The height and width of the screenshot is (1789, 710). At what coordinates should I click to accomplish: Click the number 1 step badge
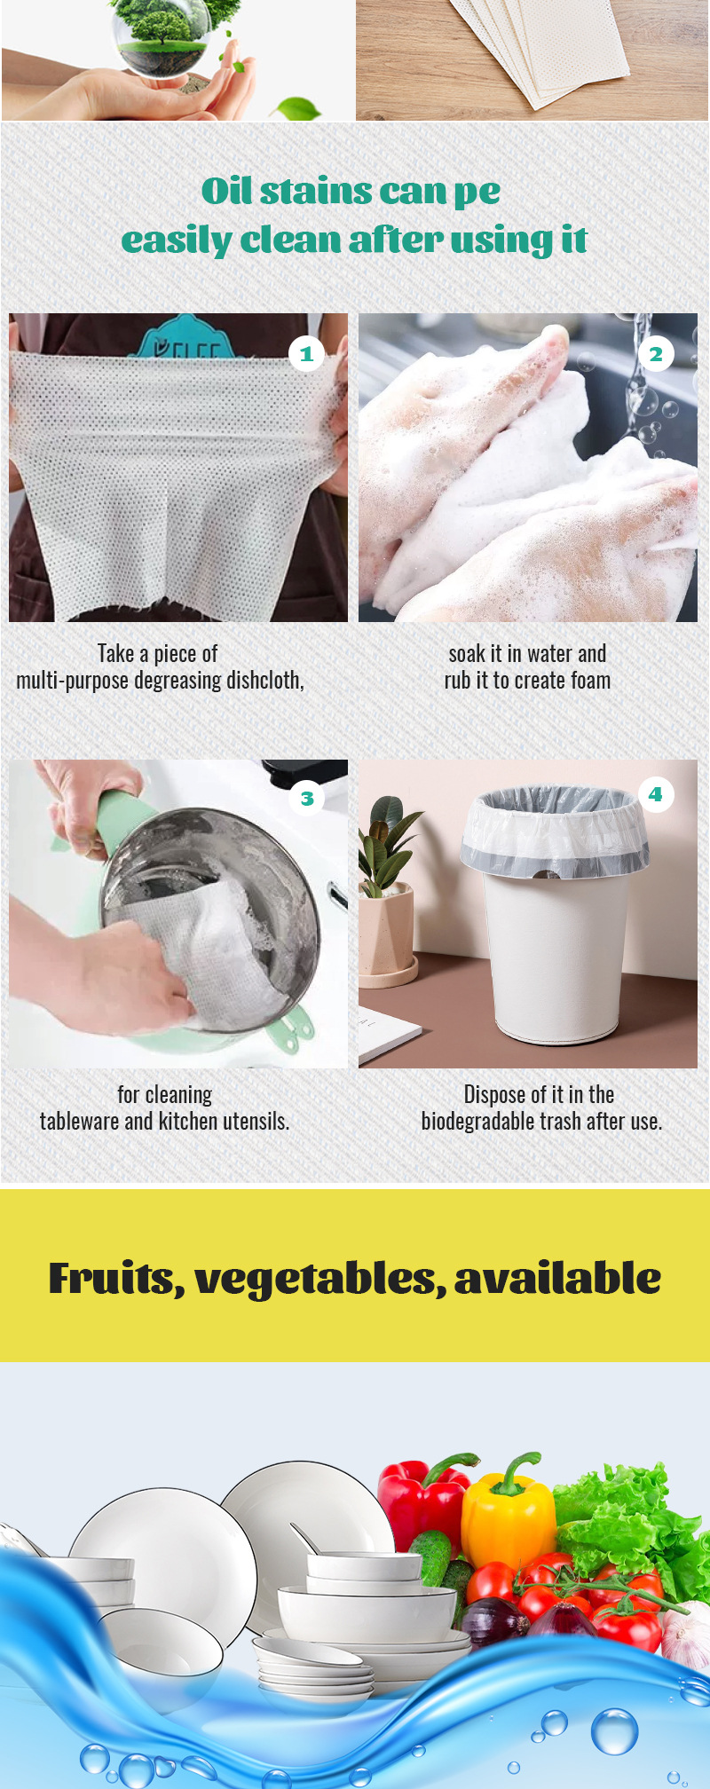click(x=306, y=354)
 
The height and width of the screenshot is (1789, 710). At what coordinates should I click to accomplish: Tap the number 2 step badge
click(x=656, y=354)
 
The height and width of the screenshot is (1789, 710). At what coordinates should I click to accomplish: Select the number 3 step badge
click(x=306, y=798)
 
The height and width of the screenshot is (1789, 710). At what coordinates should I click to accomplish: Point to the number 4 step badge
click(x=656, y=794)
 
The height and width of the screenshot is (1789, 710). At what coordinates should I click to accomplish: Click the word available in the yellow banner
click(x=557, y=1279)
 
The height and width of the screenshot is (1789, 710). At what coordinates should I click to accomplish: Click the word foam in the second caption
click(x=589, y=681)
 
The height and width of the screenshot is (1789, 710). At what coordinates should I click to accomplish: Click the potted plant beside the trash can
click(x=387, y=896)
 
